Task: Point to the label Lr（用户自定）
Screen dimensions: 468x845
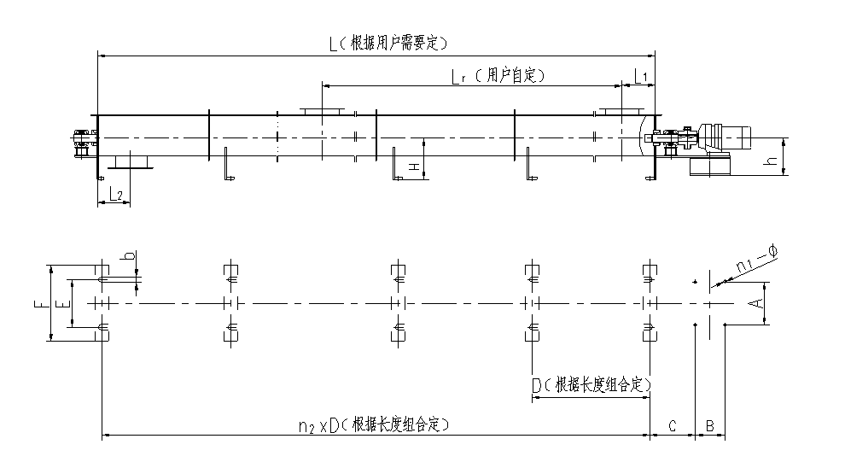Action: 498,76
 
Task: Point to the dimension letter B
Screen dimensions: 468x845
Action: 710,424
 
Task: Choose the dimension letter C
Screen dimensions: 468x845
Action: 673,424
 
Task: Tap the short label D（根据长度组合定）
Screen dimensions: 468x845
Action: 591,386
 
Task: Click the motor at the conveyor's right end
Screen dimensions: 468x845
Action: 726,136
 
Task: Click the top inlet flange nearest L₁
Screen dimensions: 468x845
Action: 620,110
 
